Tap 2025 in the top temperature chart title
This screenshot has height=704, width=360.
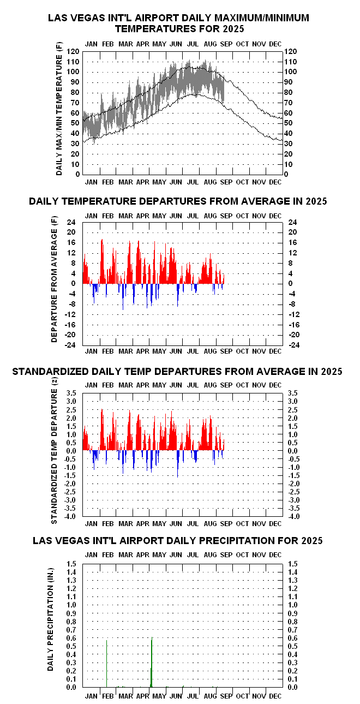[233, 29]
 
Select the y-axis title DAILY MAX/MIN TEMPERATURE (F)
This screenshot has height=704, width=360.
[59, 109]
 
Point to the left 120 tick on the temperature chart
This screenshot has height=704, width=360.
[73, 51]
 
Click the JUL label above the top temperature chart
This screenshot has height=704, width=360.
[193, 44]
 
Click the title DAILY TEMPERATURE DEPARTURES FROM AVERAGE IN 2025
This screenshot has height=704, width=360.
[178, 201]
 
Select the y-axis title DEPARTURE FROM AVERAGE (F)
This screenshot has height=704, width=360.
[55, 279]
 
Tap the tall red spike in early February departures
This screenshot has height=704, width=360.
[102, 261]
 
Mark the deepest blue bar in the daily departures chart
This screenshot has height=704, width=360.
[123, 297]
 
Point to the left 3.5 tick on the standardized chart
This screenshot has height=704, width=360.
[71, 393]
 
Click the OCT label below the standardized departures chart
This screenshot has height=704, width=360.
[242, 524]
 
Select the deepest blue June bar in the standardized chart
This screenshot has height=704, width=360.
[178, 464]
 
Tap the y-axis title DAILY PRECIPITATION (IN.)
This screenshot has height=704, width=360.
[50, 619]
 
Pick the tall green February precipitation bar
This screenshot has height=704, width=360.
[107, 664]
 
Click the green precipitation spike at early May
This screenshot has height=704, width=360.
[152, 662]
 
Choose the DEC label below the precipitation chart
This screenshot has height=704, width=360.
[275, 696]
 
